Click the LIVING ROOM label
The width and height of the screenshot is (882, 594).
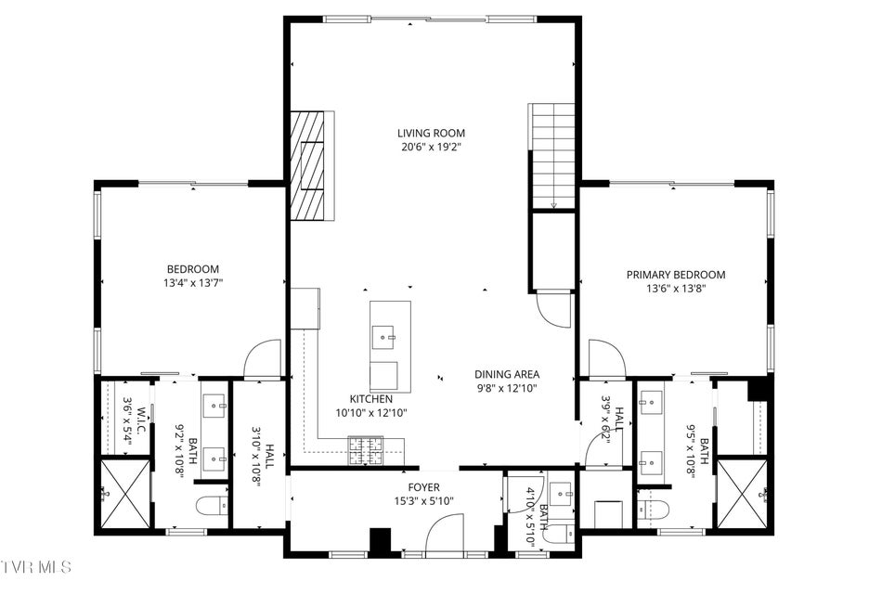[x=431, y=134]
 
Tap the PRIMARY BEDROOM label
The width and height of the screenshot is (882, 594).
[x=676, y=275]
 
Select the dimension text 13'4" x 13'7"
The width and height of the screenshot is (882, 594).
[x=193, y=283]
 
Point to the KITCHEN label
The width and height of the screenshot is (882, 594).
[x=371, y=399]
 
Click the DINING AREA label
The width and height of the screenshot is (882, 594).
[x=507, y=374]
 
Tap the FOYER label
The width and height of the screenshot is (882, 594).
[x=423, y=487]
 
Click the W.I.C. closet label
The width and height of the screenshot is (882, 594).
[x=140, y=420]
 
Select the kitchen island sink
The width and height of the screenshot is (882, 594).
[x=383, y=337]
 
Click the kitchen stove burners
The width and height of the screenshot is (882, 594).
[x=366, y=450]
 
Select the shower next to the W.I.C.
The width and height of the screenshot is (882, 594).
[x=125, y=494]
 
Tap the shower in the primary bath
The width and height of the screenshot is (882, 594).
[x=743, y=494]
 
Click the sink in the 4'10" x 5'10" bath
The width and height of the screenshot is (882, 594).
[x=560, y=494]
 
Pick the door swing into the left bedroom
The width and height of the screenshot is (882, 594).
[x=263, y=358]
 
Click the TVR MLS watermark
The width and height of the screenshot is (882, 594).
[x=36, y=567]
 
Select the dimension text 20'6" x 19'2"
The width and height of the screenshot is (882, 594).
[x=431, y=148]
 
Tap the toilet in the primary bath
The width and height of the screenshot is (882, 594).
[x=654, y=508]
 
